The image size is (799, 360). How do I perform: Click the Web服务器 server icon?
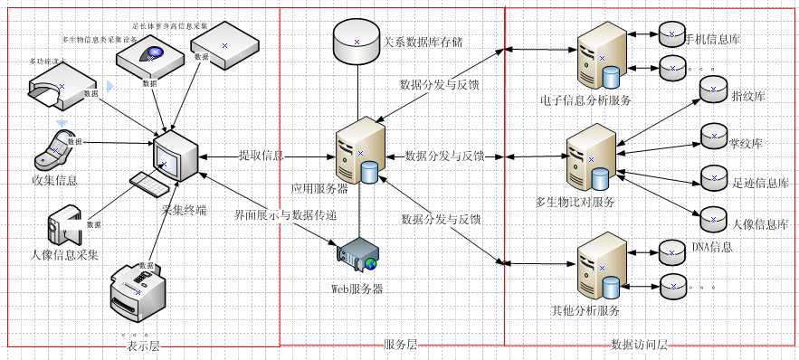[357, 257]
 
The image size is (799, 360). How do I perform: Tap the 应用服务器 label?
[319, 190]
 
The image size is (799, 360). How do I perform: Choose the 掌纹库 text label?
[746, 144]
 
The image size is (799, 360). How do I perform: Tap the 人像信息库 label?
[759, 223]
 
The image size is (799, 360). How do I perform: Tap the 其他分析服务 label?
[585, 311]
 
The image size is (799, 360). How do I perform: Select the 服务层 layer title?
[400, 345]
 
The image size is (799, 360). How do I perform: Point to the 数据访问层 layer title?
[639, 346]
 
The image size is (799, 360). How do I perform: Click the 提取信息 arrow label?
[261, 156]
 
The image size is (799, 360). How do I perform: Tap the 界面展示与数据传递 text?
[284, 215]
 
